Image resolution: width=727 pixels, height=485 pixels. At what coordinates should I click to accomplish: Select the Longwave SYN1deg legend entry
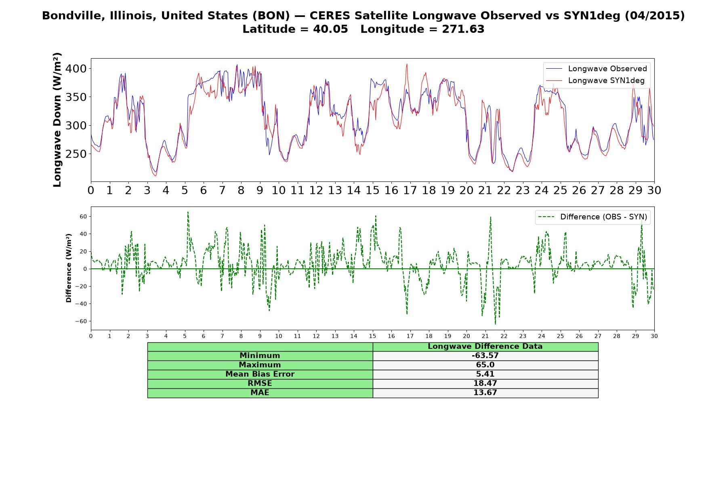[x=595, y=80]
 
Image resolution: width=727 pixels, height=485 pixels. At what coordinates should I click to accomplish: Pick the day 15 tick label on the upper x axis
[x=372, y=190]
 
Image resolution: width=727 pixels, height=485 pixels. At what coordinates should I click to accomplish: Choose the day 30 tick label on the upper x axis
[x=654, y=190]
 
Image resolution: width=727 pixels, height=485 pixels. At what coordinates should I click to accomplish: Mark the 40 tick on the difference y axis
[x=83, y=234]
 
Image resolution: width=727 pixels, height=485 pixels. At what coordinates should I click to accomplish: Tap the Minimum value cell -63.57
[x=485, y=356]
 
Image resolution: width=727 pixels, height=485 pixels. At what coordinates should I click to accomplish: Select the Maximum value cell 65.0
[x=485, y=365]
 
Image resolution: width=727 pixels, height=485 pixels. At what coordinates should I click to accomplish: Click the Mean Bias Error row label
[x=260, y=374]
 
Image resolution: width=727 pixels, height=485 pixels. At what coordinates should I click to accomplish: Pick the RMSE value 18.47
[x=485, y=384]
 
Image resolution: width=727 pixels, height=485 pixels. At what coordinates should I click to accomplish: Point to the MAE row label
[x=260, y=393]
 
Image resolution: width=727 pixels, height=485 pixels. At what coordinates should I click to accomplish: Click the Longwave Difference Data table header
[x=485, y=346]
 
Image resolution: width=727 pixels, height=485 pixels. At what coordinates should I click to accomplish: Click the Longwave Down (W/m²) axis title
[x=57, y=120]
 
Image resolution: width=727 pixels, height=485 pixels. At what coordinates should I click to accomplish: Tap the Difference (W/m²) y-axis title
[x=69, y=268]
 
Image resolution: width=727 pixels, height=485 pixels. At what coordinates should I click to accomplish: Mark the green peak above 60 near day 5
[x=188, y=212]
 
